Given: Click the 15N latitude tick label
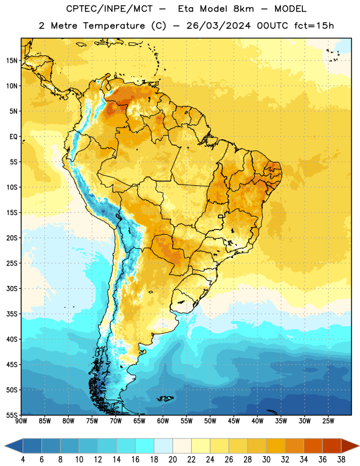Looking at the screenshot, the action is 12,61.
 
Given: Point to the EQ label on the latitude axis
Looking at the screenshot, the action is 13,137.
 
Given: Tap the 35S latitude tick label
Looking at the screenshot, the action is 12,314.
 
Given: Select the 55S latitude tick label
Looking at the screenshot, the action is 12,415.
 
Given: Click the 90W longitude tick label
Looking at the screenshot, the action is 21,421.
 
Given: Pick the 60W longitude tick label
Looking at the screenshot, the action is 163,421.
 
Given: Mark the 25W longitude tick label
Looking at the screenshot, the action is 328,421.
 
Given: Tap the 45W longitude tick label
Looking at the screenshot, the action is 234,421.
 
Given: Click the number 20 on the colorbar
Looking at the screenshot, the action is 172,460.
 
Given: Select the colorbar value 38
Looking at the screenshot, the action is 341,460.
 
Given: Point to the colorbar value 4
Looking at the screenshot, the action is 23,460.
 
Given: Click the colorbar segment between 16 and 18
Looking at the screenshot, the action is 145,446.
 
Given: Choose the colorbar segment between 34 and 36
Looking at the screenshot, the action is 313,446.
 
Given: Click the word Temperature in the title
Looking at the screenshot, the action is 114,26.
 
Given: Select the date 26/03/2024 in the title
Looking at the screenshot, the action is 218,26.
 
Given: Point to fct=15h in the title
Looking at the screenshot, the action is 314,26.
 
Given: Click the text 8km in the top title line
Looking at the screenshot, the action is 243,9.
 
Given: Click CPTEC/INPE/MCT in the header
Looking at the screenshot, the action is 110,9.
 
